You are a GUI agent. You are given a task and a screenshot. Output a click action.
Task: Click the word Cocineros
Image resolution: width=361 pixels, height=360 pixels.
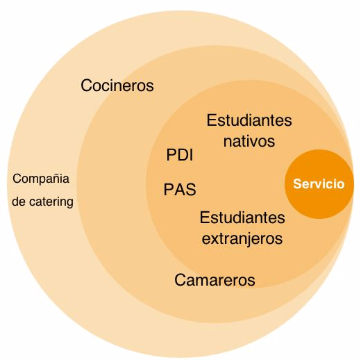117,85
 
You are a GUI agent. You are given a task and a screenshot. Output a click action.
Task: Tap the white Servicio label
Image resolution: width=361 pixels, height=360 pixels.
319,184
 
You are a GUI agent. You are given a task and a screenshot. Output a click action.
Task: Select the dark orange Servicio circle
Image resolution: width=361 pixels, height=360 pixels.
319,184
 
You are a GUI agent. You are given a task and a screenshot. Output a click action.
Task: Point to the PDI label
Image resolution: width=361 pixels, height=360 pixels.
180,155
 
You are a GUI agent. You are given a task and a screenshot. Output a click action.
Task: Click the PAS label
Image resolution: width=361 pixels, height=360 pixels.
180,190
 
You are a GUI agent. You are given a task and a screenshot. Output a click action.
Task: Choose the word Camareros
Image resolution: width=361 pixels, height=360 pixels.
215,280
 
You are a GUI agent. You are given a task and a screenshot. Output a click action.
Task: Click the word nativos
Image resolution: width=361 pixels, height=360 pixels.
249,141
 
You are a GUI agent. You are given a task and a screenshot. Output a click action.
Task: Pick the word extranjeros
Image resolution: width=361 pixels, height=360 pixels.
242,238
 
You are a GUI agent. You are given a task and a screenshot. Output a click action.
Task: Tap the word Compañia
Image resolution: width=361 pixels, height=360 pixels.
41,179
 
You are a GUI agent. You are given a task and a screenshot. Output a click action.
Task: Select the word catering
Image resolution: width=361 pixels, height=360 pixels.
51,202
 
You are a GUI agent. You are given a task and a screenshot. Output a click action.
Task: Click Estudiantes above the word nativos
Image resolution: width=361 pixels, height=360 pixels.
249,120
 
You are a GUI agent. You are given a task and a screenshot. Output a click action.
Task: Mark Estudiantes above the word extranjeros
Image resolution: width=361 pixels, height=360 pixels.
242,218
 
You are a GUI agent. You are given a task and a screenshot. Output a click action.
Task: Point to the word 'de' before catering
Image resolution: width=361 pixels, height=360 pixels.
19,202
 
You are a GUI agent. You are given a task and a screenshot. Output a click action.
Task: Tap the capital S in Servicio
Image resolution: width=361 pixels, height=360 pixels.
296,184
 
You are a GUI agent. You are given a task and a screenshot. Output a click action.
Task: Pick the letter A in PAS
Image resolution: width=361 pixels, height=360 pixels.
179,190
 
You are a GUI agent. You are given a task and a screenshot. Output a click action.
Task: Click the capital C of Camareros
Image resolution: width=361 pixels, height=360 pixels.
180,280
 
